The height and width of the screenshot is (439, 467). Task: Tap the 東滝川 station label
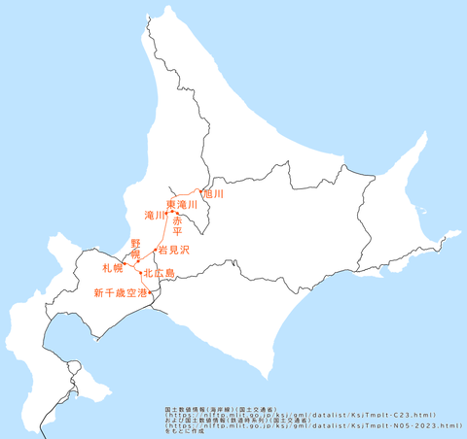(x=182, y=205)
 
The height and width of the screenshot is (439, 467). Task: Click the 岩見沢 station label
(x=173, y=250)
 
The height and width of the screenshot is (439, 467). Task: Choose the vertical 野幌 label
(x=136, y=248)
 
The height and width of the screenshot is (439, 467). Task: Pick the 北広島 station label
(x=159, y=274)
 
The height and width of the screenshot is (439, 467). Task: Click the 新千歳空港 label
(x=120, y=292)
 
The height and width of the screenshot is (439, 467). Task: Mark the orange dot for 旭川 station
(x=199, y=191)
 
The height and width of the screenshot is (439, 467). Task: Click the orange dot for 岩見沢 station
(x=155, y=250)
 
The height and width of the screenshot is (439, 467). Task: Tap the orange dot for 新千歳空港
(x=149, y=291)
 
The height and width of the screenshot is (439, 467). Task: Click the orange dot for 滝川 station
(x=166, y=212)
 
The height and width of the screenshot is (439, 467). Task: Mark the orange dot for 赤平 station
(x=177, y=214)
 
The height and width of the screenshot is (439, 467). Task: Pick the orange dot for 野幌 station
(x=138, y=261)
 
